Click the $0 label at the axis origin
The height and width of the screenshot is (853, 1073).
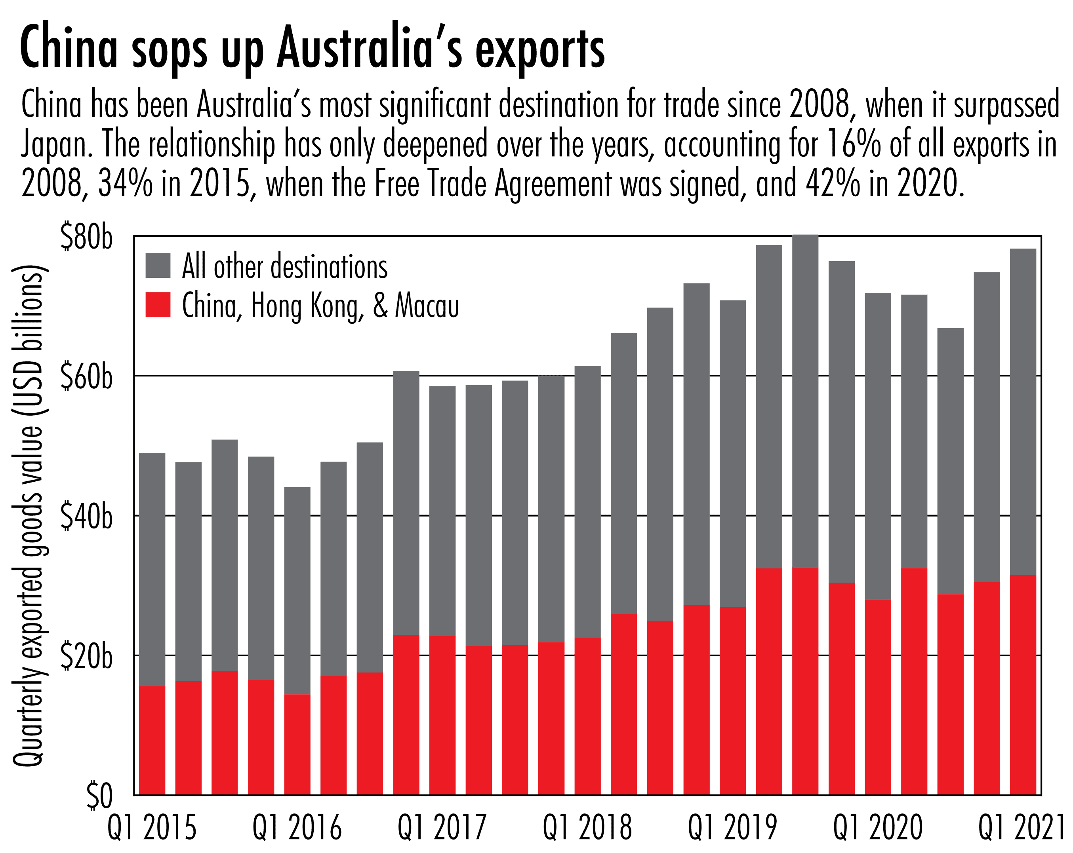[99, 796]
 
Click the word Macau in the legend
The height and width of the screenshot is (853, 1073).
[427, 306]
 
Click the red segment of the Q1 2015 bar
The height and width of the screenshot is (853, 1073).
[152, 741]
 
